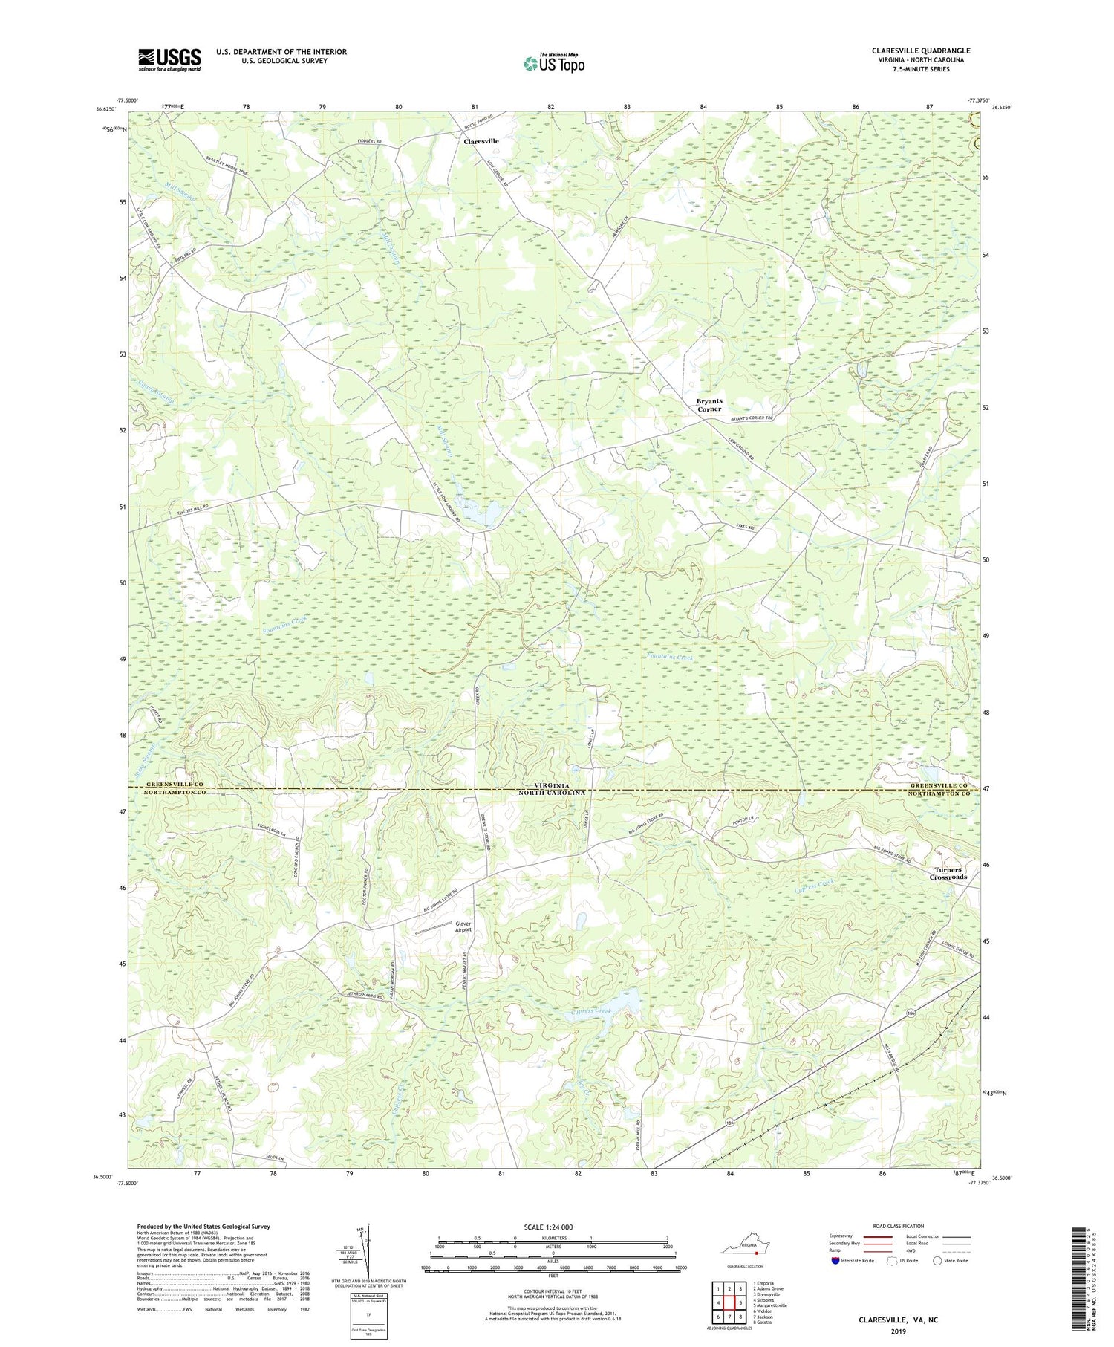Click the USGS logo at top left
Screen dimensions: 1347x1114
[169, 59]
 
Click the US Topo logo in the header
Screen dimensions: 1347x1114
[553, 63]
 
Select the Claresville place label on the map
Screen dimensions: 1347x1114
[481, 140]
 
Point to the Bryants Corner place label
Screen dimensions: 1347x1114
[709, 405]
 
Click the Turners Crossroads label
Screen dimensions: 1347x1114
[948, 873]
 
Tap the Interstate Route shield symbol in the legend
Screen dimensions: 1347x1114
[836, 1261]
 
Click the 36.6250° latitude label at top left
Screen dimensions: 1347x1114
[105, 109]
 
